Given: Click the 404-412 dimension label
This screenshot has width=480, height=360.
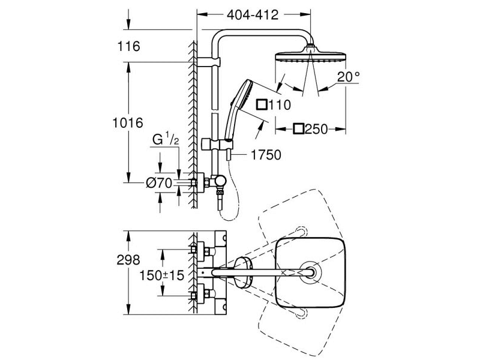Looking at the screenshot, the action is [253, 14].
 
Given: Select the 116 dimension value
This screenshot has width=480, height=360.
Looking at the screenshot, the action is [128, 46].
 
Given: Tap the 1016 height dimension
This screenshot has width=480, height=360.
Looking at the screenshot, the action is [128, 123].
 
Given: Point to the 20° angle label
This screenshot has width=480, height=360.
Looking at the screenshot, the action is [349, 77].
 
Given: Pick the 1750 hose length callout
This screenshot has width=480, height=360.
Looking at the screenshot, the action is [266, 155].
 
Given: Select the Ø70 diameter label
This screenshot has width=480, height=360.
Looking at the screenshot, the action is [159, 183].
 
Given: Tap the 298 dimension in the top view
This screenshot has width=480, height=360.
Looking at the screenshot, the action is [128, 260].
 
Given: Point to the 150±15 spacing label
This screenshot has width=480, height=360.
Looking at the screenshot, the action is [161, 275].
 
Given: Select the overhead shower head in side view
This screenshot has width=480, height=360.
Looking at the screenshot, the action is [310, 56].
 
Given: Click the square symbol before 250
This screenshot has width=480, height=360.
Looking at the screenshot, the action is [298, 129].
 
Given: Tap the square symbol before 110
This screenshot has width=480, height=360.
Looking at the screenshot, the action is [262, 104].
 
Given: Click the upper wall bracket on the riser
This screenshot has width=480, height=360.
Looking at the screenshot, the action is [208, 62].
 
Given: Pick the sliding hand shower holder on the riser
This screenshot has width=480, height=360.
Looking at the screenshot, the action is [217, 145].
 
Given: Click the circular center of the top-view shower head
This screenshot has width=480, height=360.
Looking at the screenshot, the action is [310, 272].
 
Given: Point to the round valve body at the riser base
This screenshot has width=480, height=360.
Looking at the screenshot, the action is [220, 181].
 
